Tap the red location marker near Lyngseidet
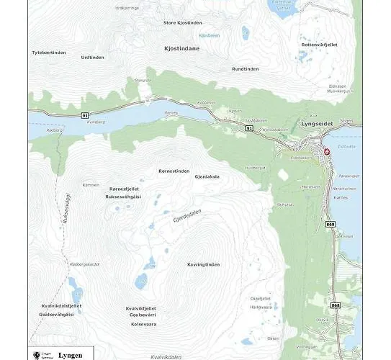pyautogui.click(x=326, y=152)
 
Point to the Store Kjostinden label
pyautogui.click(x=183, y=22)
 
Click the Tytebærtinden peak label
pyautogui.click(x=49, y=53)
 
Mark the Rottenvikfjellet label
pyautogui.click(x=319, y=44)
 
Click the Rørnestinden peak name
pyautogui.click(x=174, y=171)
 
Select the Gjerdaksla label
pyautogui.click(x=207, y=176)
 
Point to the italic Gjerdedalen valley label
pyautogui.click(x=189, y=217)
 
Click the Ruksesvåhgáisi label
pyautogui.click(x=123, y=196)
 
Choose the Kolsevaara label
pyautogui.click(x=143, y=323)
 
